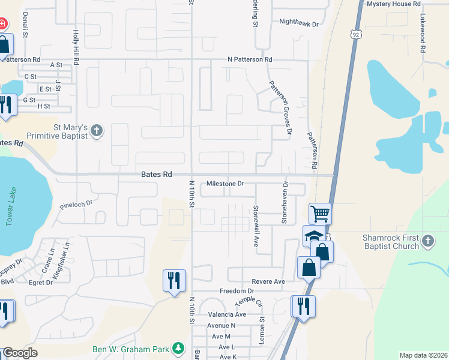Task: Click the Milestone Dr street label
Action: click(x=225, y=184)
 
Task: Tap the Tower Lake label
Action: click(x=9, y=212)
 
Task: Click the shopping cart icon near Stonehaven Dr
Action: click(x=321, y=213)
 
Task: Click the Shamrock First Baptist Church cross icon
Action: click(x=427, y=241)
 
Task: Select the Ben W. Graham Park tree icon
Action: click(x=178, y=348)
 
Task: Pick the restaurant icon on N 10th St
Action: click(x=174, y=280)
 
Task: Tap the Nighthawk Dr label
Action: click(x=298, y=22)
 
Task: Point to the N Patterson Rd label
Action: click(x=250, y=60)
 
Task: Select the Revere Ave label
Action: click(x=268, y=281)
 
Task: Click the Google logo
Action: click(x=20, y=353)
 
